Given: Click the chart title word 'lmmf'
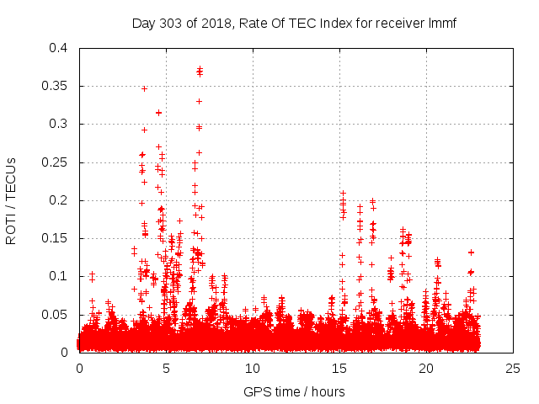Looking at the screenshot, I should coord(443,23).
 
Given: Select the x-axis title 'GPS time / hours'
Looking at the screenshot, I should coord(294,391).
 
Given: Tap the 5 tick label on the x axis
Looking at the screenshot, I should coord(166,368).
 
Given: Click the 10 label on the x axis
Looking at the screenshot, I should coord(253,368).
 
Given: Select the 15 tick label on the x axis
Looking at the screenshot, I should coord(339,368).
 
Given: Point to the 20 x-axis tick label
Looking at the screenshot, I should coord(426,368).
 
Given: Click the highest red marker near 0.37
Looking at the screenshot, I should coord(200,70).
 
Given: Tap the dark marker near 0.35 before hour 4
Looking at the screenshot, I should coord(144,88).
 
